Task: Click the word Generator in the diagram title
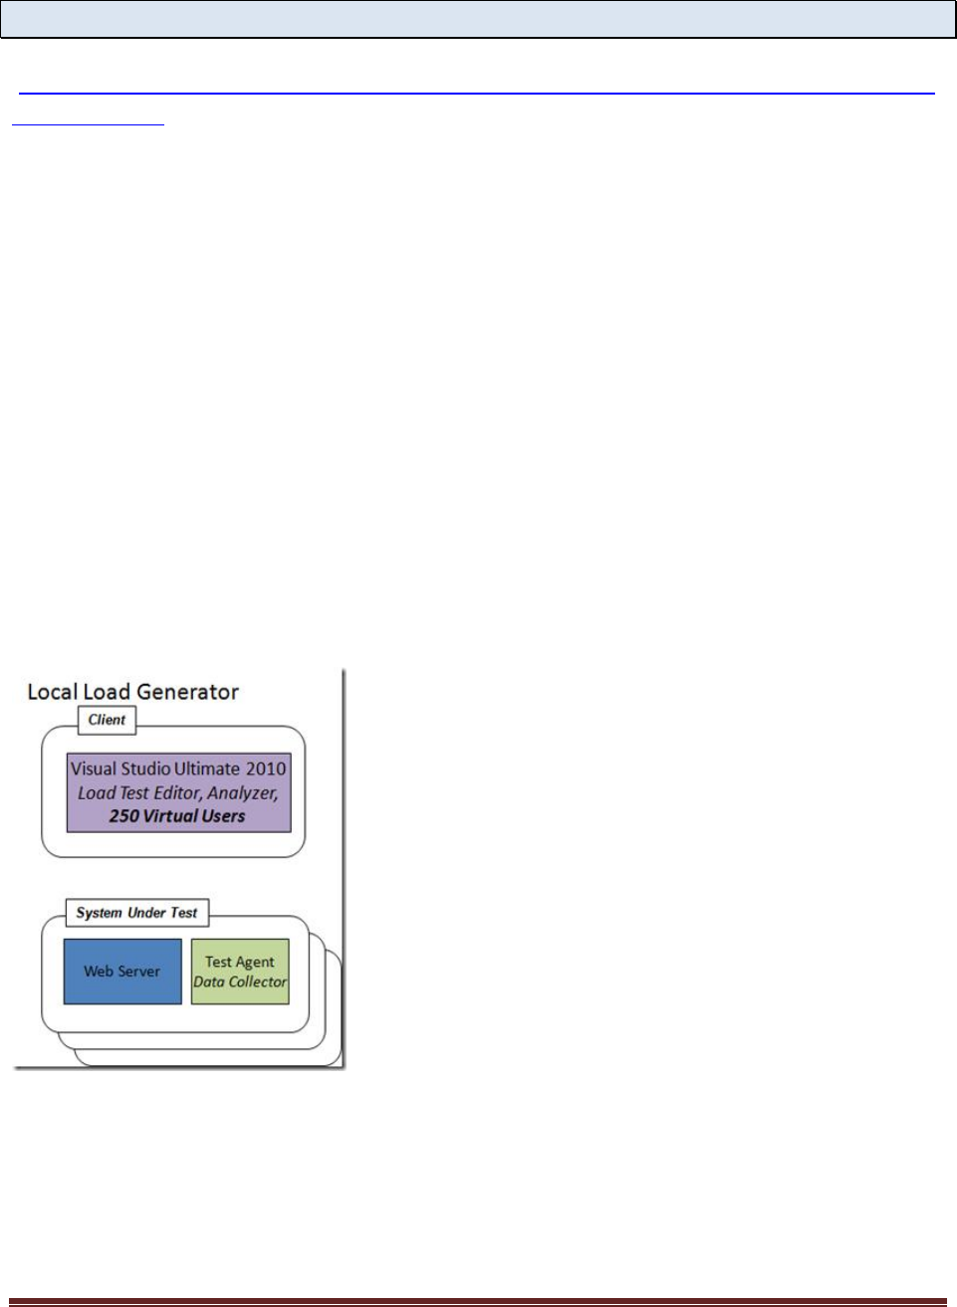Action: pos(187,692)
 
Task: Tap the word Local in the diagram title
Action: pos(52,692)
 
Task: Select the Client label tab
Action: pos(107,720)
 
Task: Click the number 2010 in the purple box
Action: pos(266,768)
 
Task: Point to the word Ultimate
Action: pos(207,768)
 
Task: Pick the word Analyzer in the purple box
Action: pos(242,793)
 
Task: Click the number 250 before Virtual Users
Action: pos(123,816)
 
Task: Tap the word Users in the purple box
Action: pos(223,816)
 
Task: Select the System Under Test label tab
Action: pos(136,913)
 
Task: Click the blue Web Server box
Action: pos(122,972)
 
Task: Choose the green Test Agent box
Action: pos(240,972)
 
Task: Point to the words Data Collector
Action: pos(240,982)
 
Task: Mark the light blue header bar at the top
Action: pos(478,19)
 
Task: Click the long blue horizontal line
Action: pos(477,94)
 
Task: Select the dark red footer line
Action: pos(478,1301)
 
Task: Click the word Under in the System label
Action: pos(145,913)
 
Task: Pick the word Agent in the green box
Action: pos(255,962)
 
